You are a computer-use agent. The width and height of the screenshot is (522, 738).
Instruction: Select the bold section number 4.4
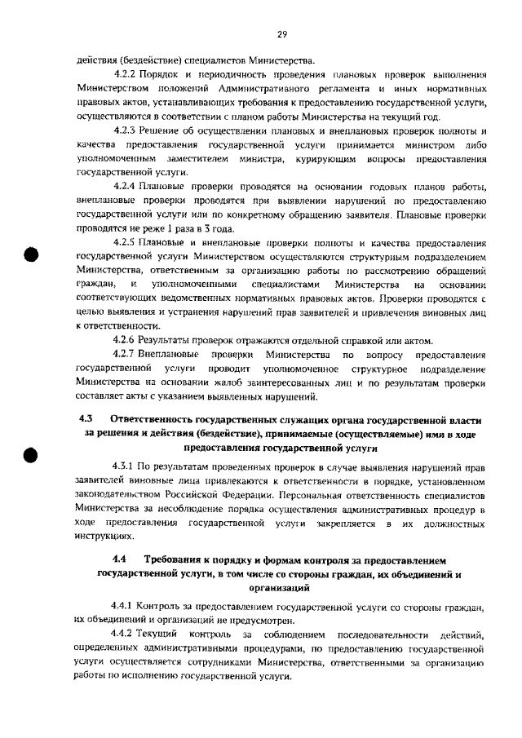pos(120,560)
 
